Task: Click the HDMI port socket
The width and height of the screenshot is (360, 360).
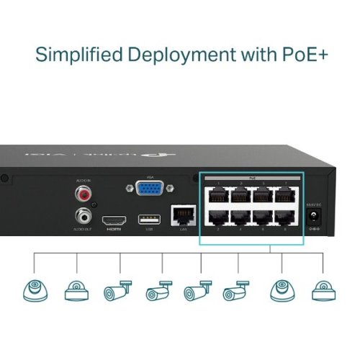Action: coord(114,220)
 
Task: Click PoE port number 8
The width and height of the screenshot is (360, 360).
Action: coord(286,220)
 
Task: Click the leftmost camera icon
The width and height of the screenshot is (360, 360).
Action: coord(33,291)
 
